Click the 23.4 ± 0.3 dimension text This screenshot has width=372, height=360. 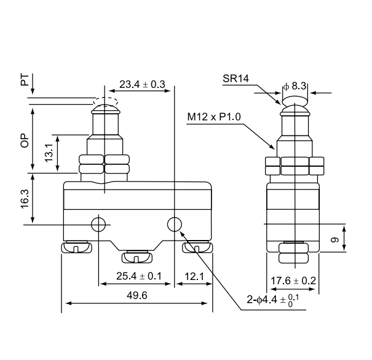[142, 85]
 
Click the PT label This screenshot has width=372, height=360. [24, 80]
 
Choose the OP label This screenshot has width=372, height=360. [24, 141]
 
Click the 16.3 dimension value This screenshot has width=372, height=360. [24, 199]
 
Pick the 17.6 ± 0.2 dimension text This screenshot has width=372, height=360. [293, 281]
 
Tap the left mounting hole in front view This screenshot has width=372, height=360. [98, 225]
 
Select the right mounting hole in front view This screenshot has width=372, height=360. [175, 224]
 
